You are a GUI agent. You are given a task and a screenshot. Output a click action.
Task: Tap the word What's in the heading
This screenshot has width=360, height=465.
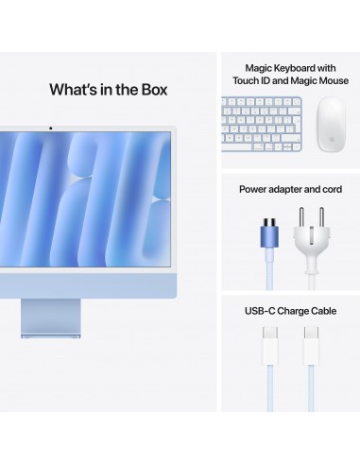coord(74,90)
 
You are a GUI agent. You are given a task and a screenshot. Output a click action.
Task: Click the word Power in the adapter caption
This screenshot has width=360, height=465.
coord(253,189)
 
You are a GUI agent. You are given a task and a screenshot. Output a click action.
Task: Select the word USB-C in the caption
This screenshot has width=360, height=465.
coord(258,309)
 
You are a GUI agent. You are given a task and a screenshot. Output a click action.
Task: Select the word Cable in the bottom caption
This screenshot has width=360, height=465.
coord(328,309)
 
